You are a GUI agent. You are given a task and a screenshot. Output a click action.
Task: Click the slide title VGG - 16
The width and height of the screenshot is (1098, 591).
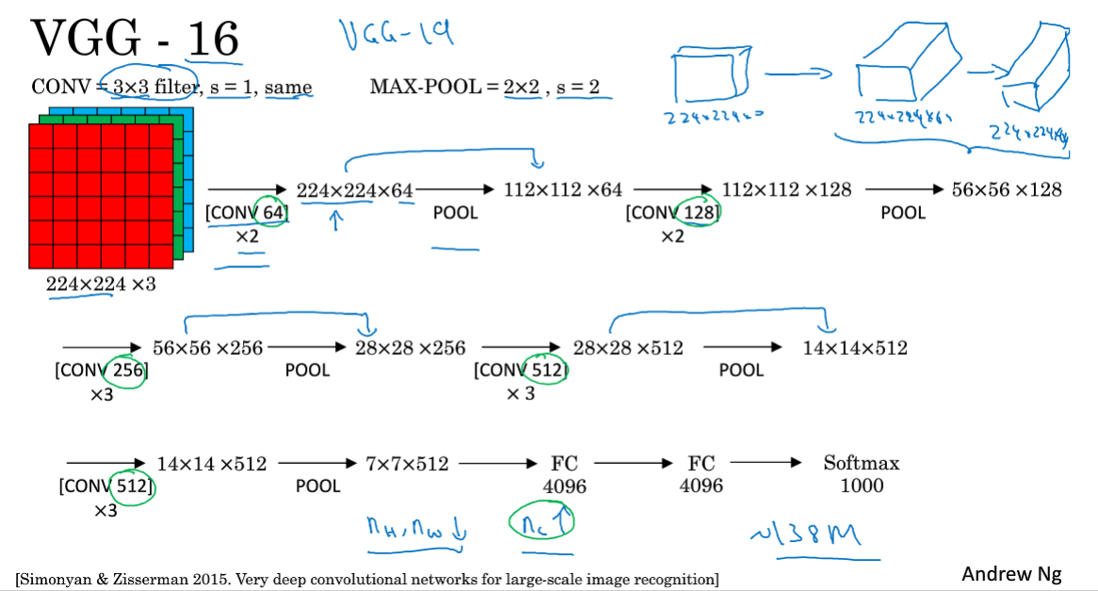point(135,39)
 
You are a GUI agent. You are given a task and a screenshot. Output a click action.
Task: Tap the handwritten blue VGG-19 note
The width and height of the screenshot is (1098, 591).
point(396,35)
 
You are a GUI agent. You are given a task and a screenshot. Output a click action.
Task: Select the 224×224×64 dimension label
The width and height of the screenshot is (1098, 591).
point(355,191)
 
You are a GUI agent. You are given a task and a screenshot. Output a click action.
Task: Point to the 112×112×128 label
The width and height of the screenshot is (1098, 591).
point(786,189)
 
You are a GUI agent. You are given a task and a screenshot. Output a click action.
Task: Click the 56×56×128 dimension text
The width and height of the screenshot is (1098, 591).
point(1007,189)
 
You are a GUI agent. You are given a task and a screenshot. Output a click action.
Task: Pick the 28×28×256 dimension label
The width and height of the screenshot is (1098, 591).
point(410,348)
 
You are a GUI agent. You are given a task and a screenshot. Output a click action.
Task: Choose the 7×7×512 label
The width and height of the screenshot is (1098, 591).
point(407,463)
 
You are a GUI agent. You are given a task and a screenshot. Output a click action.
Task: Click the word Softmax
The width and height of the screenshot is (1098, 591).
point(861,463)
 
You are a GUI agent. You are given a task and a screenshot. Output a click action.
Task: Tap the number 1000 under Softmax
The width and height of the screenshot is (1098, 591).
point(862,486)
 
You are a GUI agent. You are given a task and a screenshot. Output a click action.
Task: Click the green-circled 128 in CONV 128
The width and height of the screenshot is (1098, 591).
point(699,213)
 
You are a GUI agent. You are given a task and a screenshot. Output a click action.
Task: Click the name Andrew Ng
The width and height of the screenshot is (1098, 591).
point(1011,574)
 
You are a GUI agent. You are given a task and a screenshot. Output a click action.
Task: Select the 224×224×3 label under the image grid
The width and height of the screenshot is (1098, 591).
point(101,283)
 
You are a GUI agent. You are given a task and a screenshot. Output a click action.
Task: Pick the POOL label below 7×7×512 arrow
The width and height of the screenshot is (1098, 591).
point(317,487)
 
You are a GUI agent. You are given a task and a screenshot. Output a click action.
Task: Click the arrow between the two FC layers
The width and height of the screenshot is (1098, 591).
point(629,463)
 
